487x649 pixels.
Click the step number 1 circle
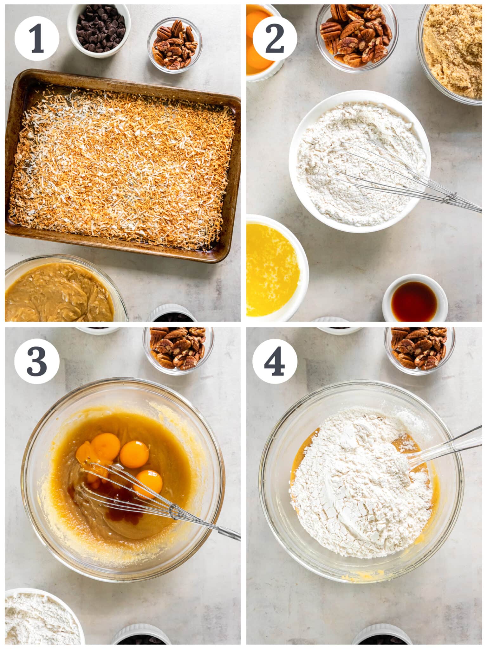36,38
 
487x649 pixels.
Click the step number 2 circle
275,38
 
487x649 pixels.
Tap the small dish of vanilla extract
415,299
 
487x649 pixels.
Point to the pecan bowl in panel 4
419,349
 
